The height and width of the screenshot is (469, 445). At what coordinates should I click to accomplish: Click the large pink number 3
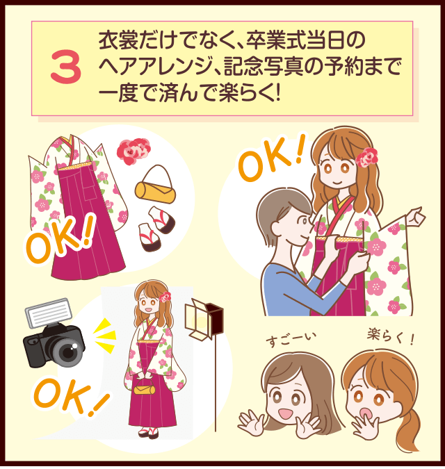66,69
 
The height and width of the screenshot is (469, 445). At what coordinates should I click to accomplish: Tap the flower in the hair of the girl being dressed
366,157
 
